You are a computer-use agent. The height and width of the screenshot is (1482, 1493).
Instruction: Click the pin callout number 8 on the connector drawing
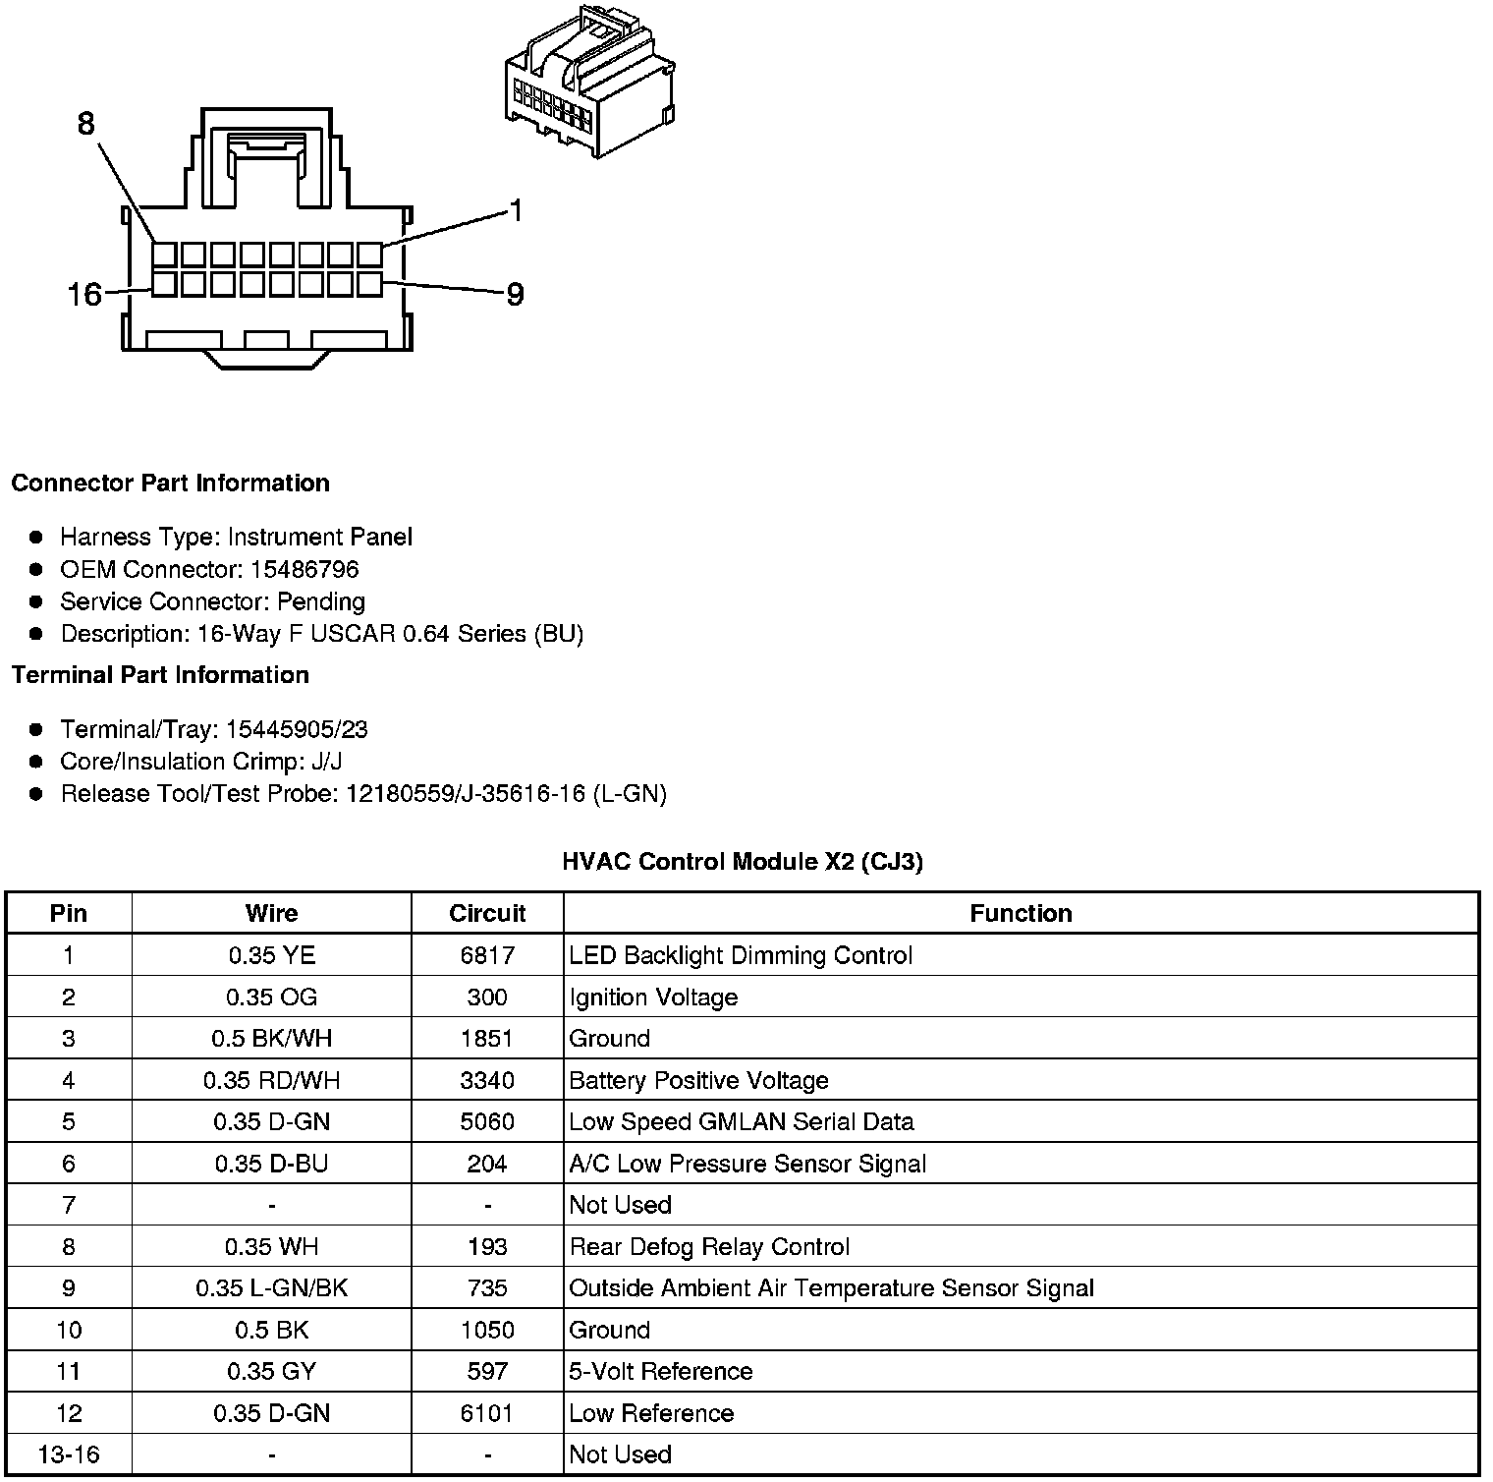pos(86,124)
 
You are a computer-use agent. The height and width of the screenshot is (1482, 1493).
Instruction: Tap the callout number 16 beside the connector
pos(84,294)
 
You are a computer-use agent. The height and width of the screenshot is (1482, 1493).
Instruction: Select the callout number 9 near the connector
pos(515,294)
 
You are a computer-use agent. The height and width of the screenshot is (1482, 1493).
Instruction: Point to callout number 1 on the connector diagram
pos(516,210)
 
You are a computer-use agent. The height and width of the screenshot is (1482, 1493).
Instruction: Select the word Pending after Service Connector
pos(321,601)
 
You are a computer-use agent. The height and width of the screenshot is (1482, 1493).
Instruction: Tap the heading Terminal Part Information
pos(160,675)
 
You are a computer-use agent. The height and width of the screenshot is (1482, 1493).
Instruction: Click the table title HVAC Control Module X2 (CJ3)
pos(743,862)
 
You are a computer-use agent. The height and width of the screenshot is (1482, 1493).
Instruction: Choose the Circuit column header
pos(487,913)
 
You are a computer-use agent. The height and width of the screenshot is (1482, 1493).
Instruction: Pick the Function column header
pos(1021,913)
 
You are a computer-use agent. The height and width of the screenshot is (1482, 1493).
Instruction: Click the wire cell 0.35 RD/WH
pos(271,1080)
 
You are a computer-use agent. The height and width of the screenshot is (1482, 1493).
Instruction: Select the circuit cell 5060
pos(487,1121)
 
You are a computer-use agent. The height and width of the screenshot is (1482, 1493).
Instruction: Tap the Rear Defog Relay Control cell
pos(709,1246)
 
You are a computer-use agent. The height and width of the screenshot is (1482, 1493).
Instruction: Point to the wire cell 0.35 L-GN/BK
pos(271,1287)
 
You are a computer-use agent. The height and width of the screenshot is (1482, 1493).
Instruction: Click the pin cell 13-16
pos(68,1453)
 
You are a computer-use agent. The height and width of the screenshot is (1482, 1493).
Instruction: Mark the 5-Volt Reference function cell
pos(661,1371)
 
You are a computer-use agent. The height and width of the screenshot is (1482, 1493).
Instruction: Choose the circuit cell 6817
pos(487,955)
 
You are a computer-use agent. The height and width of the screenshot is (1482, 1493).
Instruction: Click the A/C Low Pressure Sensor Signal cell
pos(747,1164)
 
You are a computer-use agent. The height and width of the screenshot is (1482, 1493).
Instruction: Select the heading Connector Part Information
pos(170,484)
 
